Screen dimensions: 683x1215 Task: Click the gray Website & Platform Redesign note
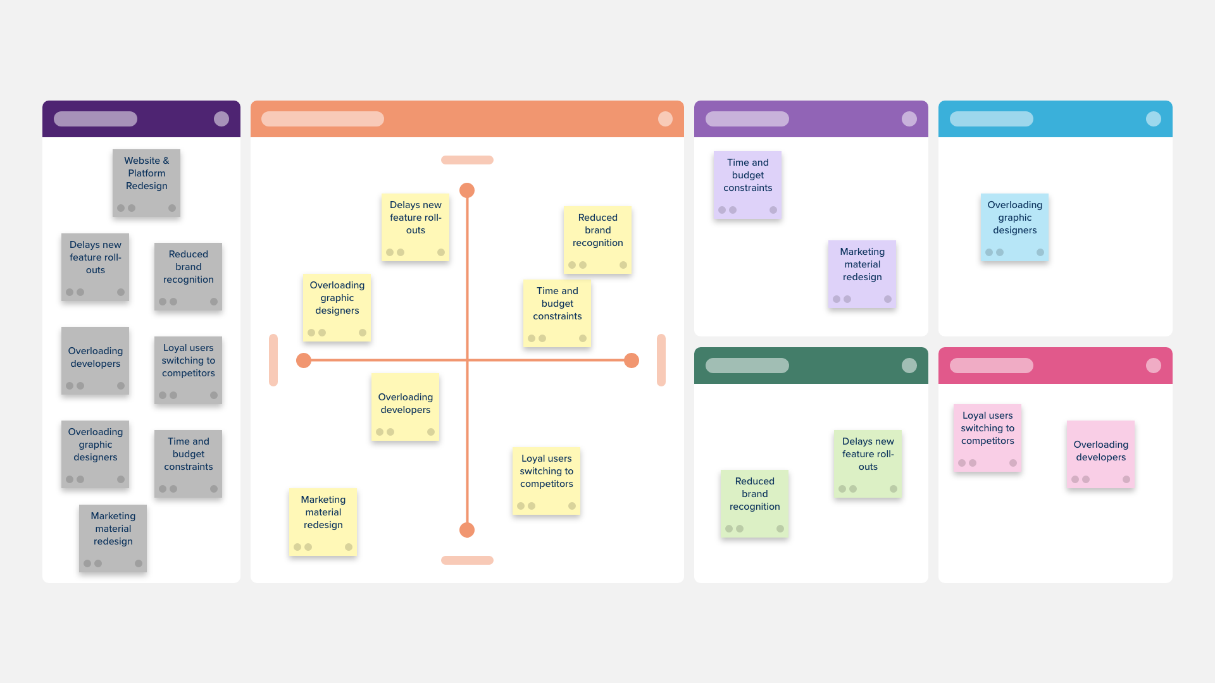click(x=146, y=183)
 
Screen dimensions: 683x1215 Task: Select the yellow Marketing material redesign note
click(x=323, y=522)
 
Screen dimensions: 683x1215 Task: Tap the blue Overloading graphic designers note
click(x=1014, y=227)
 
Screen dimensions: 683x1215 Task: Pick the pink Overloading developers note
click(x=1100, y=454)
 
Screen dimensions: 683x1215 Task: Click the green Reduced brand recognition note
click(x=754, y=503)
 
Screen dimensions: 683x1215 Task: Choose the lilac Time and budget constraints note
click(x=747, y=185)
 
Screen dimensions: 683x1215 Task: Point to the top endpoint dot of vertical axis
click(x=467, y=190)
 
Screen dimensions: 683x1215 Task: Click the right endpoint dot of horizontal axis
click(x=632, y=360)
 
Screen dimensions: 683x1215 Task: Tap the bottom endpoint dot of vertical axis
click(x=467, y=530)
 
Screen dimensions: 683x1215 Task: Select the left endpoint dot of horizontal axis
click(x=304, y=360)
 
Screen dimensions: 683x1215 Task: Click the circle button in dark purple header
click(x=221, y=119)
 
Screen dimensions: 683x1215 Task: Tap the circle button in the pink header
click(x=1154, y=366)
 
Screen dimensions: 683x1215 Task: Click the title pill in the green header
click(x=747, y=366)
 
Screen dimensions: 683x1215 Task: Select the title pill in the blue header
click(x=992, y=119)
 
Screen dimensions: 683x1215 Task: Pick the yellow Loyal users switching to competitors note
click(x=546, y=481)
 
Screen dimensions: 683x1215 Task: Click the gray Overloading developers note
click(x=95, y=360)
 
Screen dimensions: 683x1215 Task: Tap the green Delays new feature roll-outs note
click(x=868, y=464)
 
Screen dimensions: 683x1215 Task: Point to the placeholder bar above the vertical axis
click(x=467, y=160)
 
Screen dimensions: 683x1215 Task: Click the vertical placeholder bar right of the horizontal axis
click(x=661, y=360)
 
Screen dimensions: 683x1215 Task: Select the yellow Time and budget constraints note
click(x=557, y=313)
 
